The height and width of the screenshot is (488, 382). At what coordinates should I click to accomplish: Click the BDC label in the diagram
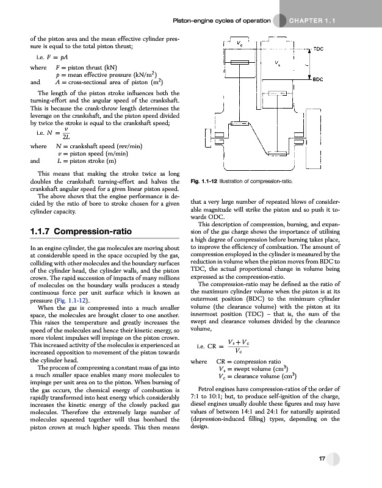point(318,79)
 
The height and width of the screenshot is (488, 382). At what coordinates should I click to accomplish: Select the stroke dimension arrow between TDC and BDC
point(307,63)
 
